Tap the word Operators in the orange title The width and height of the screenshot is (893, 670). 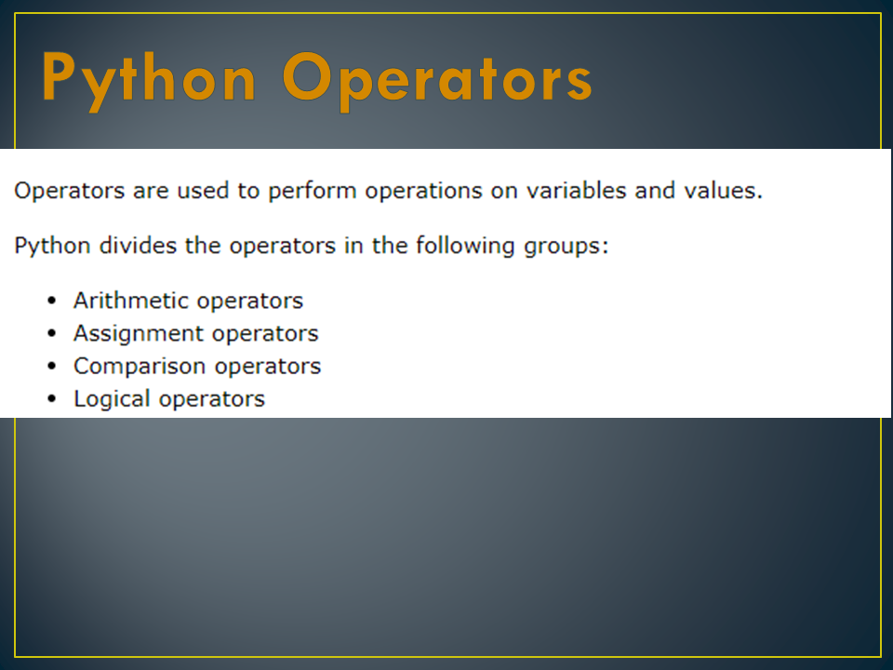tap(437, 79)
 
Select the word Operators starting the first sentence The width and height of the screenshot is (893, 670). tap(68, 192)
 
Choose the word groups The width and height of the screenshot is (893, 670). tap(565, 247)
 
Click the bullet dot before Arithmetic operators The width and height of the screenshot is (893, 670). tap(52, 301)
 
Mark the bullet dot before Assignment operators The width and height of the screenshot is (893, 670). tap(52, 333)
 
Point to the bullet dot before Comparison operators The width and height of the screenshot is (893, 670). tap(52, 366)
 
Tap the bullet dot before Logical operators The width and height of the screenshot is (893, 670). tap(52, 399)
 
